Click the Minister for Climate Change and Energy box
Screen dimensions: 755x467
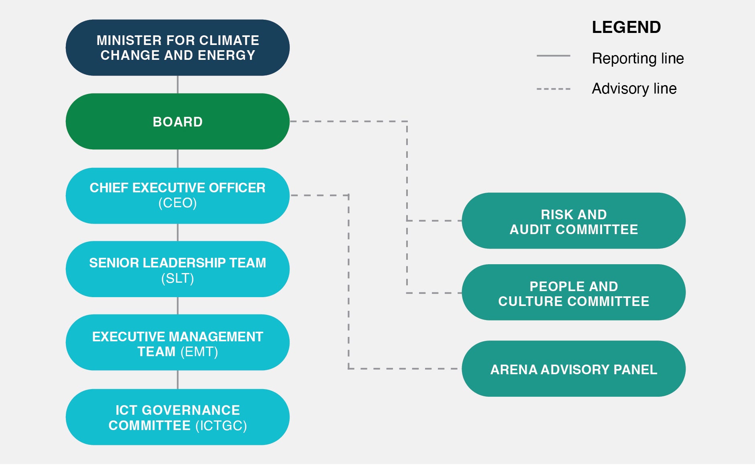[x=177, y=47]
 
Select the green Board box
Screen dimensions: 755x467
[x=177, y=121]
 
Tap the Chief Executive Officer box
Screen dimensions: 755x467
[x=177, y=196]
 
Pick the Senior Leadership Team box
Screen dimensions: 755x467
[x=177, y=269]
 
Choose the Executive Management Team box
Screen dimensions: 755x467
[x=177, y=343]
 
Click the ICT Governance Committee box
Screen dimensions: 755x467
[x=177, y=417]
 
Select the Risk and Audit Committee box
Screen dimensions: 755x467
[x=574, y=220]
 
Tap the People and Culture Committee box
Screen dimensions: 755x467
[x=574, y=292]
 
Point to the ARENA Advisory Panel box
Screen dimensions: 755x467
[x=574, y=369]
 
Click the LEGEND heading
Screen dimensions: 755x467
[x=626, y=27]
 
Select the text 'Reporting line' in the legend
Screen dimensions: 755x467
[x=638, y=59]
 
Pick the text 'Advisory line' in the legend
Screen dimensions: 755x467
[x=634, y=88]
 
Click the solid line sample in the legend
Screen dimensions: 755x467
[x=553, y=56]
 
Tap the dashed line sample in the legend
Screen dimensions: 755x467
[x=553, y=89]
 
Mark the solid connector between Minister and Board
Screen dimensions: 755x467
[x=178, y=84]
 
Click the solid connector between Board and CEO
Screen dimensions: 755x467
[x=178, y=159]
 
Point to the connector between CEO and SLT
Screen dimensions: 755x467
[x=178, y=232]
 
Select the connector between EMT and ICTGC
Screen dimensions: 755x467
[x=178, y=380]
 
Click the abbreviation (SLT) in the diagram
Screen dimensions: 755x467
[x=177, y=278]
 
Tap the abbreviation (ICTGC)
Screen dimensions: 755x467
[x=221, y=426]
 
